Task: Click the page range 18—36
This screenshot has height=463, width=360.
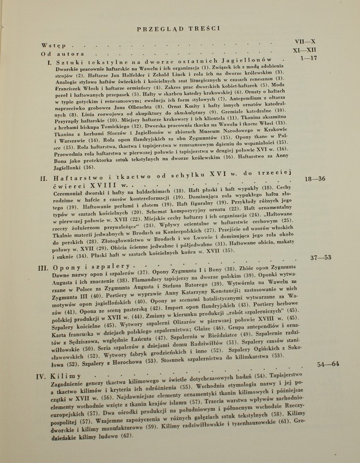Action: (x=315, y=179)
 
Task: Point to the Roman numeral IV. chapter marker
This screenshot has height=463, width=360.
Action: (x=43, y=376)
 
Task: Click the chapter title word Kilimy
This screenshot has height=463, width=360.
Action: (x=67, y=376)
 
